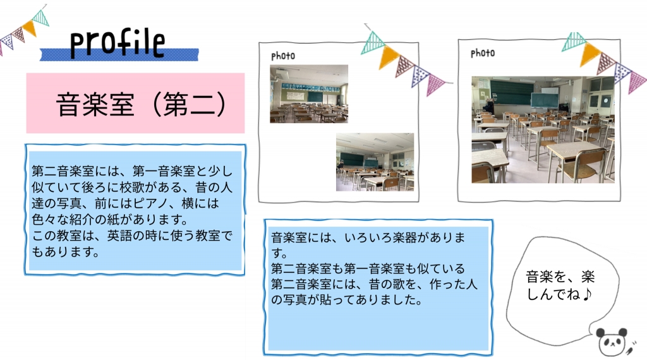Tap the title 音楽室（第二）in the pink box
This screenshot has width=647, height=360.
pyautogui.click(x=141, y=104)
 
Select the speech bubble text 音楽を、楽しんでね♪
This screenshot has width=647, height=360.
pyautogui.click(x=560, y=285)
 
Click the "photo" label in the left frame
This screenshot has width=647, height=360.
pyautogui.click(x=283, y=56)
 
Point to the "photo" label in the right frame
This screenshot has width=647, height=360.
pyautogui.click(x=483, y=53)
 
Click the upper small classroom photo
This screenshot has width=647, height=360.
pyautogui.click(x=309, y=93)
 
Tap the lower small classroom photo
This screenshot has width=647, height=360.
pyautogui.click(x=375, y=162)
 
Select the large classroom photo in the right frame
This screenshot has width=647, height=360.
pyautogui.click(x=543, y=129)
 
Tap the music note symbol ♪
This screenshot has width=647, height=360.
pyautogui.click(x=588, y=294)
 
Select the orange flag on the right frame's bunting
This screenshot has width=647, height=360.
pyautogui.click(x=590, y=54)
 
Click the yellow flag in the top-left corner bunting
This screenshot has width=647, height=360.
pyautogui.click(x=29, y=28)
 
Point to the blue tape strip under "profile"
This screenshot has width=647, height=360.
pyautogui.click(x=119, y=54)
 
